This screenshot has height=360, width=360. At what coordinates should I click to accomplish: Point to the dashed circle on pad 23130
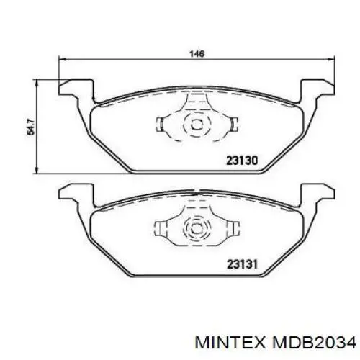(194, 125)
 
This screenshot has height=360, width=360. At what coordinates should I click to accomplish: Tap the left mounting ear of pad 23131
(72, 193)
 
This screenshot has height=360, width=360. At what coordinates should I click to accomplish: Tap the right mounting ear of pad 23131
(316, 193)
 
